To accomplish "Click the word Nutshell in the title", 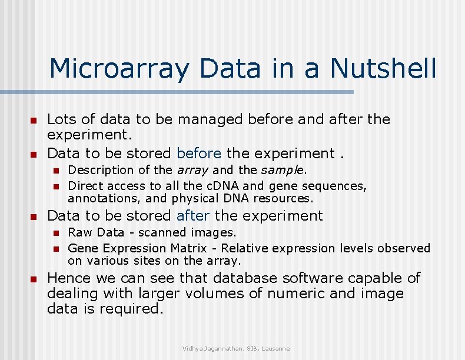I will click(x=384, y=68).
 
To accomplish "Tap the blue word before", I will click(x=199, y=154).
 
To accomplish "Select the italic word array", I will click(x=192, y=171).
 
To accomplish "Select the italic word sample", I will click(x=283, y=171).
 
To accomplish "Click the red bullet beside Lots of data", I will click(x=34, y=121).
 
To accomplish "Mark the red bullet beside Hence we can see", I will click(x=34, y=279).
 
